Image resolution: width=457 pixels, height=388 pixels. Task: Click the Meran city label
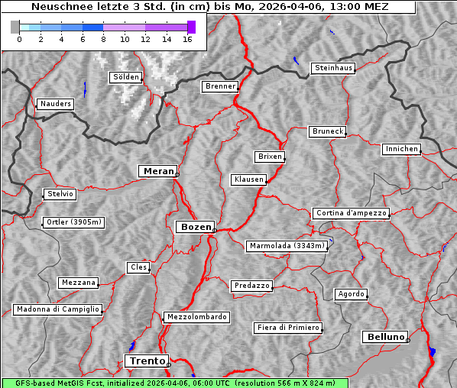point(159,171)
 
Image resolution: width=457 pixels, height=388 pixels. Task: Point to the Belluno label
point(384,336)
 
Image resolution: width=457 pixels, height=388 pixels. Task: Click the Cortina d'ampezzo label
point(350,213)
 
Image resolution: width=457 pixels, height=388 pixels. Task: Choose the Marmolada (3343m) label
point(287,246)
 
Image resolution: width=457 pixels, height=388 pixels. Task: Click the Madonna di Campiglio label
point(57,309)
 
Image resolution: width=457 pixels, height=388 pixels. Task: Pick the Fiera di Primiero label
point(287,328)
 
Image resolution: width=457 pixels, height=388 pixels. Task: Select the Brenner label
point(220,86)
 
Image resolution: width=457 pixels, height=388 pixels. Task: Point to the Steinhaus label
point(333,68)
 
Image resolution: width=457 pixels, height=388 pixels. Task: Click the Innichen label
point(401,149)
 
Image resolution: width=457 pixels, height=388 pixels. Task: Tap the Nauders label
point(55,104)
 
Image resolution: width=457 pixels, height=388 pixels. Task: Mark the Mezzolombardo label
point(195,316)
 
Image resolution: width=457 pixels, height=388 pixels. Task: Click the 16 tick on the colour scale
point(187,38)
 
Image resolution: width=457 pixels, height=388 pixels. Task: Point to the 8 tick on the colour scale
point(103,38)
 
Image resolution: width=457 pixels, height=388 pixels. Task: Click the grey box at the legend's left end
point(15,27)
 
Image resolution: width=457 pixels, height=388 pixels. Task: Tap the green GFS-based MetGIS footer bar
point(174,383)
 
